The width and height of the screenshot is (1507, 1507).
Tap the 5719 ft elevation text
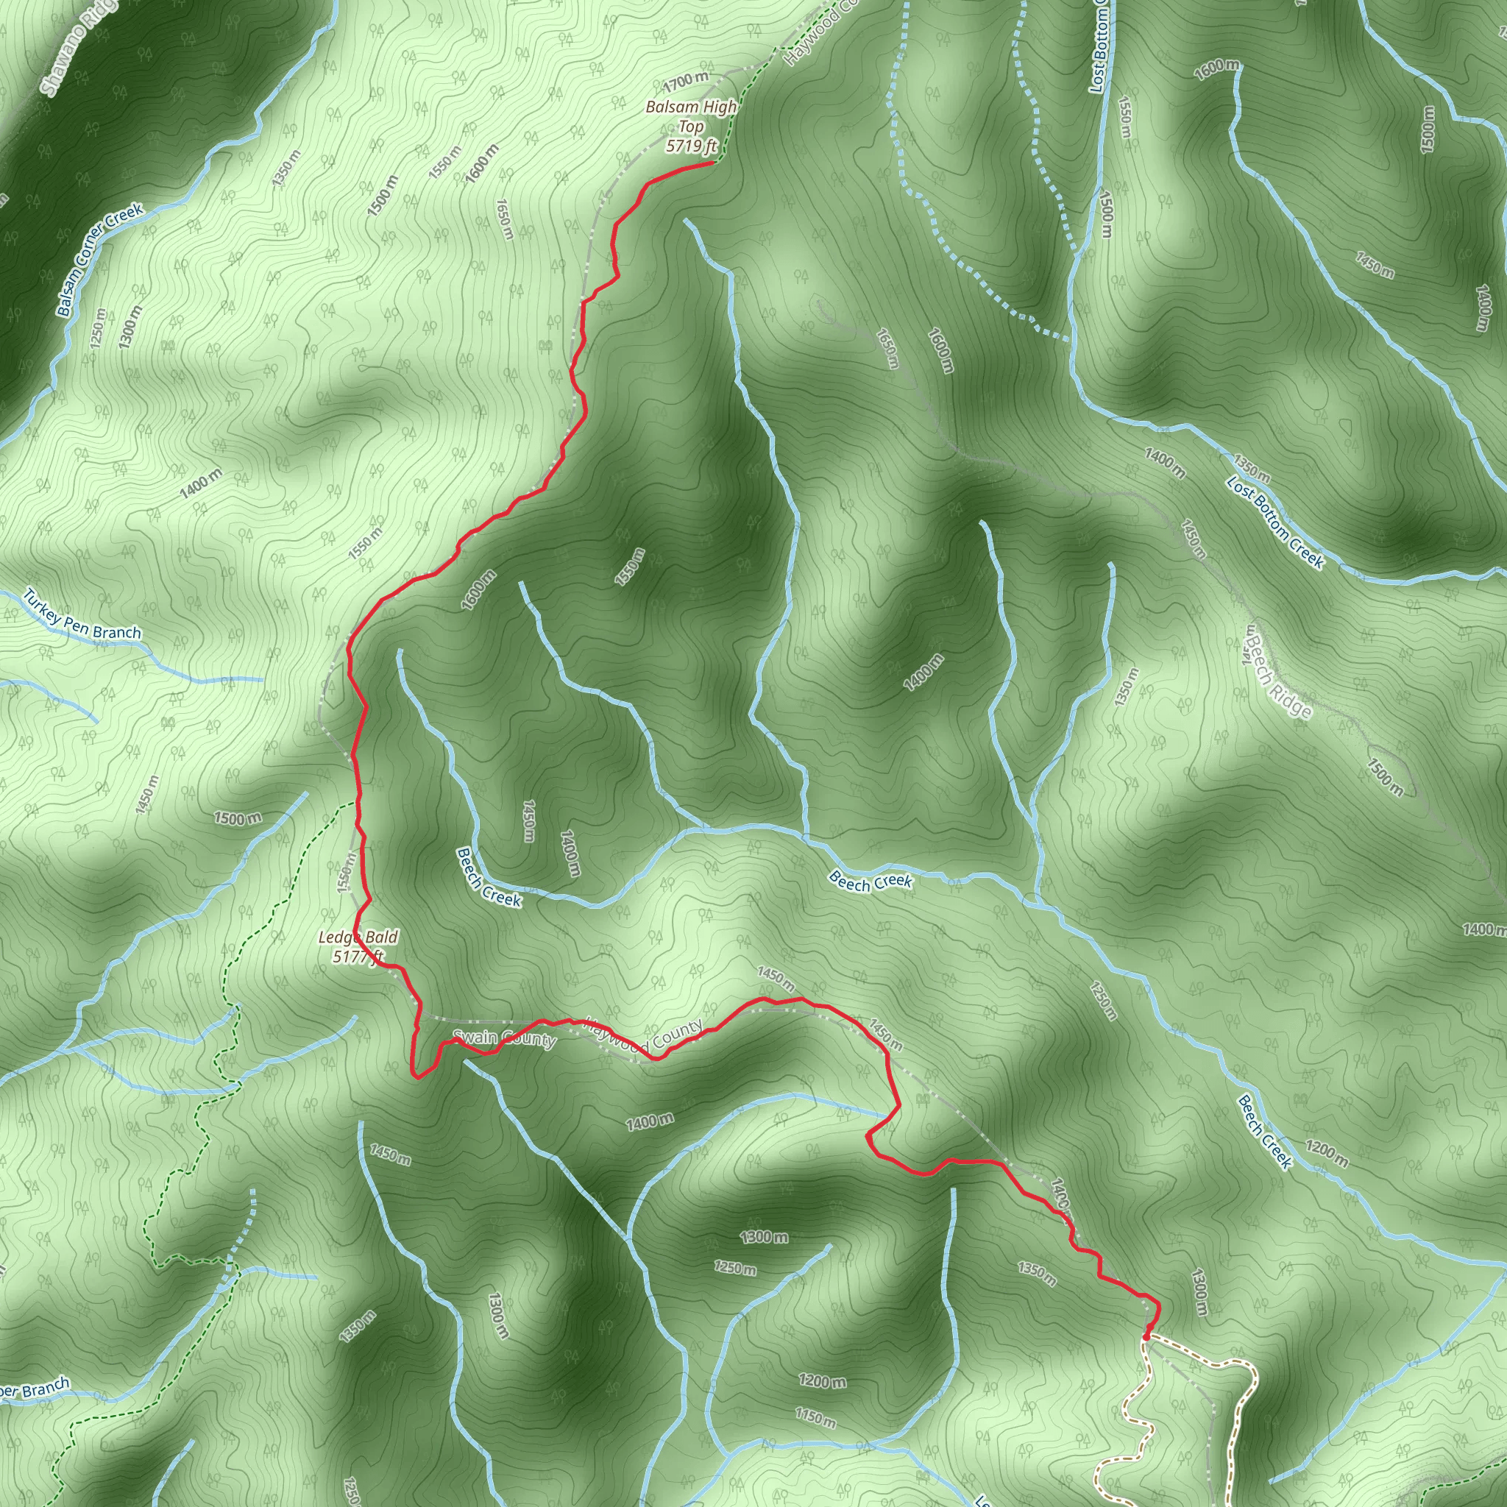[691, 145]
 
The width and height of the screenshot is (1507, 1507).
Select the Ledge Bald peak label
[358, 937]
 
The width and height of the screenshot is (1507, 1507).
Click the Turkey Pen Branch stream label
[82, 614]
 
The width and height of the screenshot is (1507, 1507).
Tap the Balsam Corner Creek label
[100, 260]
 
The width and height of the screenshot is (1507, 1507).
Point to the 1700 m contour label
[687, 79]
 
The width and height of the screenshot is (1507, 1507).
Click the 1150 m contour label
[815, 1417]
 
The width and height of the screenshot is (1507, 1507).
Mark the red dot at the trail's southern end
[1146, 1337]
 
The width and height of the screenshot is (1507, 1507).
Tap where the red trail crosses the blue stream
[887, 1118]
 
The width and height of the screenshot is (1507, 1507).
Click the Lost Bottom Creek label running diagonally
[1274, 522]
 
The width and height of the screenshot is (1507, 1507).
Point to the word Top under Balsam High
[691, 127]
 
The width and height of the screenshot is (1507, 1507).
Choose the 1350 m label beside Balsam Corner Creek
[286, 167]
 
